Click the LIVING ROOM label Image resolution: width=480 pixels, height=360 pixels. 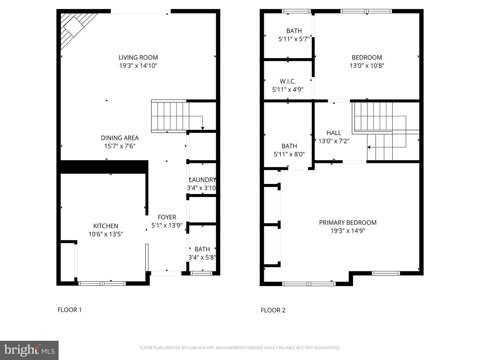click(x=138, y=57)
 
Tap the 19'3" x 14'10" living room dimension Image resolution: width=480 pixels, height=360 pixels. click(x=138, y=66)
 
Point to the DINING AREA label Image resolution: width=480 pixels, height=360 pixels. click(x=120, y=138)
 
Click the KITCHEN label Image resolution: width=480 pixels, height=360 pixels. click(x=106, y=226)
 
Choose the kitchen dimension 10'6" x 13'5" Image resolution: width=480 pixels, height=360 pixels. click(x=106, y=234)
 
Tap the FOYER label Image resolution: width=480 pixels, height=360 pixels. click(x=167, y=217)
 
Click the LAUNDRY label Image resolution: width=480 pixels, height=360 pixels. click(x=202, y=180)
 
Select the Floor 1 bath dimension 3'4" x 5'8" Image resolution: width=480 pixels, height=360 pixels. click(x=202, y=257)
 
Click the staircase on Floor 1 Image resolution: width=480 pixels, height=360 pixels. click(x=170, y=116)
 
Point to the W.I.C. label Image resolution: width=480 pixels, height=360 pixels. click(x=288, y=81)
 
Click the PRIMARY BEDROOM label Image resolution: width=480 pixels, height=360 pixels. click(x=348, y=223)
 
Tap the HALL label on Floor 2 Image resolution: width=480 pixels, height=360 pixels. click(x=334, y=133)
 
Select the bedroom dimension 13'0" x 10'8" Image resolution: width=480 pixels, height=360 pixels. click(x=367, y=66)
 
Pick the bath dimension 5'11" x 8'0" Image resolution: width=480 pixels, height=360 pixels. click(x=289, y=154)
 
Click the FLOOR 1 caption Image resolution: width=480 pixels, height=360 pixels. click(x=70, y=310)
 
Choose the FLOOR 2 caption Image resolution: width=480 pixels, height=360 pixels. click(x=273, y=310)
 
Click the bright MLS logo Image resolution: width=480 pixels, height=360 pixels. click(x=29, y=350)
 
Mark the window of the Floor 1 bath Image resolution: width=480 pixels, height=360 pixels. click(x=201, y=273)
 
